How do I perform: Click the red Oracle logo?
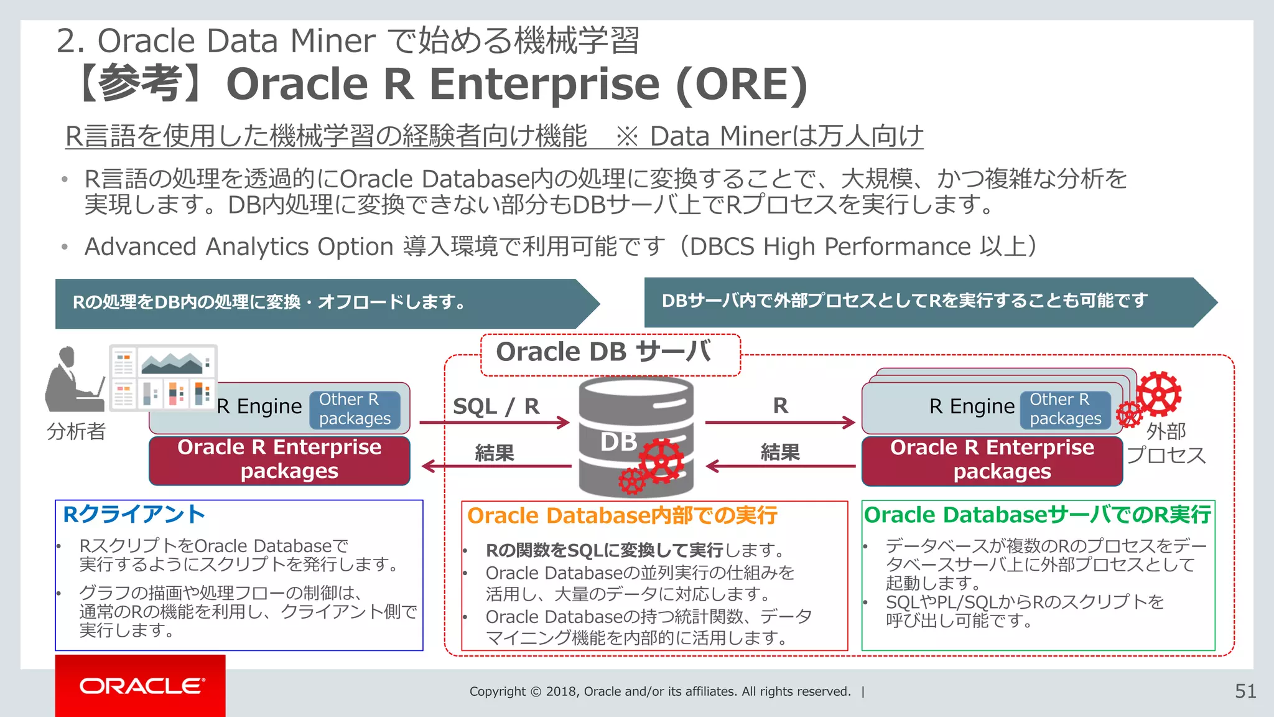pos(141,686)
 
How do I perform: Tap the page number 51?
pos(1245,691)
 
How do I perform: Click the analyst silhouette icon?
pos(73,380)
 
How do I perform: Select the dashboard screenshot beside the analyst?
pos(164,378)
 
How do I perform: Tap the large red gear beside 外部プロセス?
pos(1158,394)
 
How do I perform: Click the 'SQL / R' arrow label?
pos(496,406)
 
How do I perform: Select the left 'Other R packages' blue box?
pos(355,409)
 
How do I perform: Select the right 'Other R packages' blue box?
pos(1065,409)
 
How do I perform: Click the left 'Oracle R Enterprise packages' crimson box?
pos(279,460)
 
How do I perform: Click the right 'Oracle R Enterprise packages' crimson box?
pos(992,460)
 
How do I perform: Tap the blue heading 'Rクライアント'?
pos(134,514)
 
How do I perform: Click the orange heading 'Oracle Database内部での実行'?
pos(622,515)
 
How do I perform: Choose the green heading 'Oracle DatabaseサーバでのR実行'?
pos(1037,515)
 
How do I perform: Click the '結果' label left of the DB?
pos(495,452)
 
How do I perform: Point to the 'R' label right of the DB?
pos(780,406)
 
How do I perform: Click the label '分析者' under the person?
pos(76,431)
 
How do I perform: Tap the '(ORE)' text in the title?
pos(742,84)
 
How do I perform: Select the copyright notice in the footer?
pos(660,691)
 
